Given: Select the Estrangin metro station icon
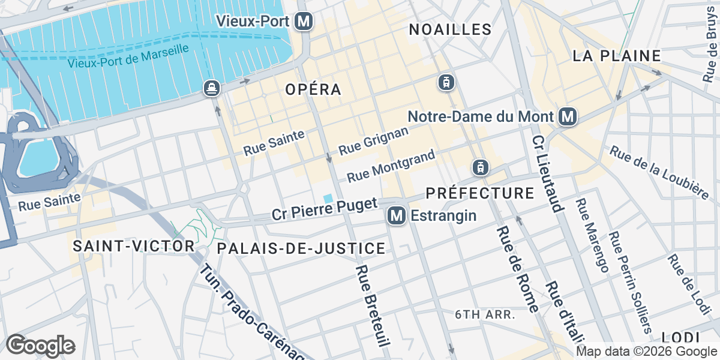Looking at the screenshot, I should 395,215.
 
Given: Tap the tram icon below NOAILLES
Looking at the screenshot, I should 446,82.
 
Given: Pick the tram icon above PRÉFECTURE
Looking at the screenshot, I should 480,167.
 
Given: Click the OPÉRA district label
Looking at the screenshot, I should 313,89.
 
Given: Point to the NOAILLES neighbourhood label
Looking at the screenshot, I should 450,29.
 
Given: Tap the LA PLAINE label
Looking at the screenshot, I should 617,56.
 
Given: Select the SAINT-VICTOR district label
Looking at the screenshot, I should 134,245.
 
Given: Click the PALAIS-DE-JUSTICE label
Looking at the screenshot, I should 301,248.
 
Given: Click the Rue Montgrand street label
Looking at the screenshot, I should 391,166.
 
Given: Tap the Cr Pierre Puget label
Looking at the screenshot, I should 324,209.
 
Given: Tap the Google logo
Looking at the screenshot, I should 40,346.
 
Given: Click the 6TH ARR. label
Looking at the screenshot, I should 485,314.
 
